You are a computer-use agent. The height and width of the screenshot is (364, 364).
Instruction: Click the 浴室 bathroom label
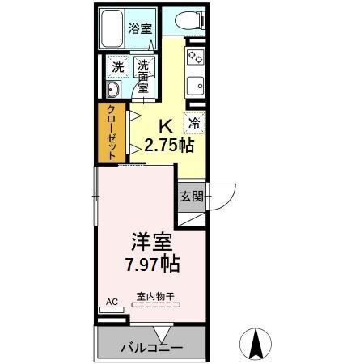click(140, 29)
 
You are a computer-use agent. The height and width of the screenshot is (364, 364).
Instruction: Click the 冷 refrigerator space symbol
click(195, 123)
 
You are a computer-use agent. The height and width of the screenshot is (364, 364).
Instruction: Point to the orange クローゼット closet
click(108, 133)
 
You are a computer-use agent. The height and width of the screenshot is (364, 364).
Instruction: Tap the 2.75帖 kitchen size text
click(167, 145)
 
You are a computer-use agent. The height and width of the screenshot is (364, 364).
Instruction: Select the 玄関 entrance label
click(190, 197)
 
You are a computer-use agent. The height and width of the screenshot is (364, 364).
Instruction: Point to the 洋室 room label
click(150, 241)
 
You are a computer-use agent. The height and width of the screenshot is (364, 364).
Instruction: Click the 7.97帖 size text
click(151, 264)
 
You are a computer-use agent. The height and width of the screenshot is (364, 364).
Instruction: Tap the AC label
click(112, 302)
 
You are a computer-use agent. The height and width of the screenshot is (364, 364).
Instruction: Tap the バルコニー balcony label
click(151, 349)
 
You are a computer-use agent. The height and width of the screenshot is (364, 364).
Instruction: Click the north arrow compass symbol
click(258, 344)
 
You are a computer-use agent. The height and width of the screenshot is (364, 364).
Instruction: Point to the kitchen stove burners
click(195, 57)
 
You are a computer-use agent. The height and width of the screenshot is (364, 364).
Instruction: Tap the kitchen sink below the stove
click(195, 84)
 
